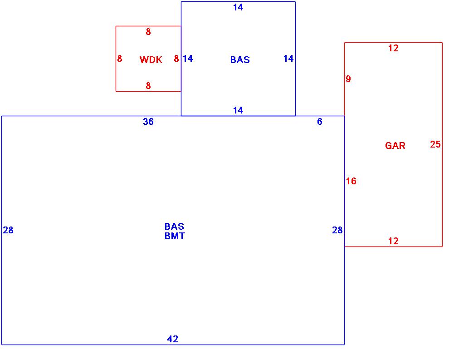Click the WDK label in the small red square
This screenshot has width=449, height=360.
(x=151, y=60)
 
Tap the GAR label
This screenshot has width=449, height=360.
(x=395, y=146)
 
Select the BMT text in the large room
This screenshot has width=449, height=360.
(x=175, y=236)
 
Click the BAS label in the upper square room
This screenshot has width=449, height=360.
(x=240, y=60)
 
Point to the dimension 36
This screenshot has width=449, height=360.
(x=148, y=122)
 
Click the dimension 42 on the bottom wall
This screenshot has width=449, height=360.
(x=173, y=339)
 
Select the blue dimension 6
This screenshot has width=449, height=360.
(x=320, y=122)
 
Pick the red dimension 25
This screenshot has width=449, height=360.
(x=435, y=144)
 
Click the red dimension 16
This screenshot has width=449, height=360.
(x=351, y=181)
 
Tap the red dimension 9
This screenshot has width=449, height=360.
(x=348, y=79)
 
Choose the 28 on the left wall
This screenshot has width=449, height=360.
(x=8, y=230)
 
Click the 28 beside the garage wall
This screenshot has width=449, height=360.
(x=337, y=230)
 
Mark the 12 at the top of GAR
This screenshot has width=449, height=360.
(x=393, y=48)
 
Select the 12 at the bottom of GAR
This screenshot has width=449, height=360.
(x=393, y=241)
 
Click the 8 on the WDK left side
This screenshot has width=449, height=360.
(x=120, y=59)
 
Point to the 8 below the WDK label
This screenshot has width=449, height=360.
(x=148, y=86)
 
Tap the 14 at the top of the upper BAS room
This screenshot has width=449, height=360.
(x=238, y=7)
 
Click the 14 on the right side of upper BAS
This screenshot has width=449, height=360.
(x=288, y=59)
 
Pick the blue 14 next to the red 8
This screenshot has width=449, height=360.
(x=188, y=59)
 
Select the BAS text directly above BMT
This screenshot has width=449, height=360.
(x=175, y=226)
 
